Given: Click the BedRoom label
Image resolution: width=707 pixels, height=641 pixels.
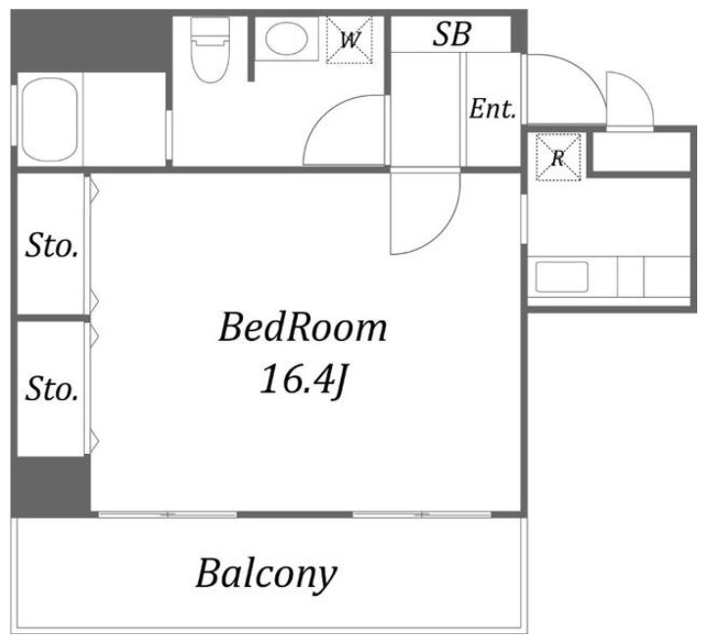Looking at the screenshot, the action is click(303, 327).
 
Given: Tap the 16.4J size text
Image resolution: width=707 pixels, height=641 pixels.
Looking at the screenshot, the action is click(303, 380).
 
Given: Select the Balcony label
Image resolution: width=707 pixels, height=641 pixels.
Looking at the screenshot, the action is click(266, 573).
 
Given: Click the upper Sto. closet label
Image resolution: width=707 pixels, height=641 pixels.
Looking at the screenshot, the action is click(52, 246).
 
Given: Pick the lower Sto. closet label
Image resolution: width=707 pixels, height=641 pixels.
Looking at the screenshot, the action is click(52, 389).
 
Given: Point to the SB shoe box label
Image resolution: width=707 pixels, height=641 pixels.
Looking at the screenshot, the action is click(451, 34).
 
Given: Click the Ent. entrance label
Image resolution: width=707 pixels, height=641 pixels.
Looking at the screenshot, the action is click(493, 109).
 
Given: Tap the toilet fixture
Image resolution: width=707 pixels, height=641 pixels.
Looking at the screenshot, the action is click(210, 50).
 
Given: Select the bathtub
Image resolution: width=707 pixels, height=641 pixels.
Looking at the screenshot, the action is click(50, 120).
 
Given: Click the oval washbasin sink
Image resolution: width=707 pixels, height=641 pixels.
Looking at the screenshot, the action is click(286, 38).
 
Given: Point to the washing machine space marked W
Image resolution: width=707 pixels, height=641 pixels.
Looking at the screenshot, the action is click(350, 40).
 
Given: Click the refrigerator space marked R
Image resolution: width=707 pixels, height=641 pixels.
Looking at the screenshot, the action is click(558, 157).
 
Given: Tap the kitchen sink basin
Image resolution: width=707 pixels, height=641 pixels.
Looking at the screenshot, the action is click(562, 276).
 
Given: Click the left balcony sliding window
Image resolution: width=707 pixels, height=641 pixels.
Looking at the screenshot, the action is click(167, 515).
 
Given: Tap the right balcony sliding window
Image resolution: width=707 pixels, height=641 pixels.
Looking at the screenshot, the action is click(422, 515).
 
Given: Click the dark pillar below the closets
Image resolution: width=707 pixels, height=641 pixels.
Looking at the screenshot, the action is click(51, 486).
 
